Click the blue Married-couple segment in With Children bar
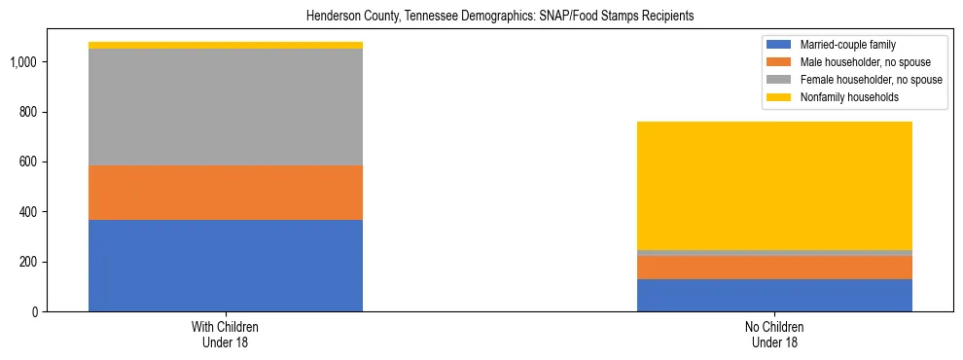click(226, 266)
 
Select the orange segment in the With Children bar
click(226, 193)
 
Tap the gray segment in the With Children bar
click(226, 107)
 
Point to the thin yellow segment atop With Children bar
click(226, 45)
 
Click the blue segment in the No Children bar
click(774, 295)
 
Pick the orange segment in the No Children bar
click(774, 268)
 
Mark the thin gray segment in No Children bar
click(774, 253)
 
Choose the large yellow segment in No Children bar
click(774, 185)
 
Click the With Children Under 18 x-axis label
click(226, 335)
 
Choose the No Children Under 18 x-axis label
click(774, 335)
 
